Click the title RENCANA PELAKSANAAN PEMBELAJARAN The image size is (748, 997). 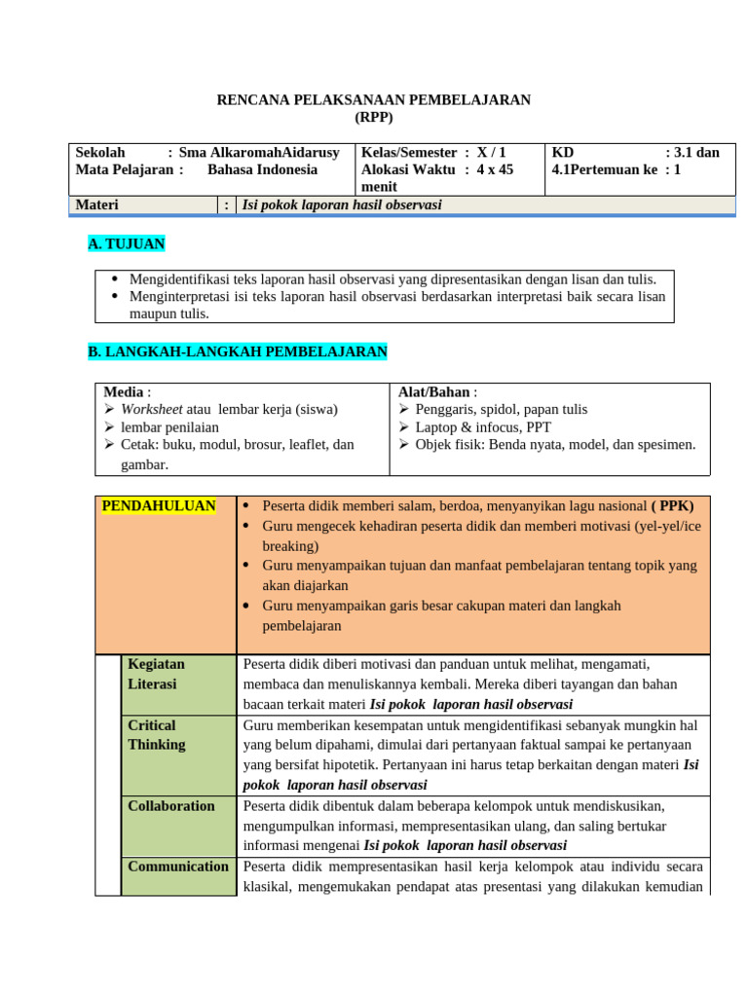[x=373, y=100]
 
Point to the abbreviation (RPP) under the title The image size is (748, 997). [x=374, y=117]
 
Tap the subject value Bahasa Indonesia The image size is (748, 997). [x=262, y=169]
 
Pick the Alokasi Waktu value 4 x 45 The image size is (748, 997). [x=495, y=169]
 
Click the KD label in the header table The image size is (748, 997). [x=563, y=153]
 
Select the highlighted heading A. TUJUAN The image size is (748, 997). [x=127, y=244]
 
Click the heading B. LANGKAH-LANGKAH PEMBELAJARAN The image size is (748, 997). [x=238, y=351]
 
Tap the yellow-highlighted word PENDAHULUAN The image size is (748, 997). [x=159, y=506]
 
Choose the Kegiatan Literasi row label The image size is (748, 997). [x=157, y=674]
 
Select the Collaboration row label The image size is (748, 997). [x=171, y=806]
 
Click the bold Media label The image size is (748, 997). [x=123, y=391]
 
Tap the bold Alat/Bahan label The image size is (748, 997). [x=433, y=391]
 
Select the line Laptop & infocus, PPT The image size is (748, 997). [x=483, y=427]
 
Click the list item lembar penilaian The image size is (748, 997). [x=169, y=427]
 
